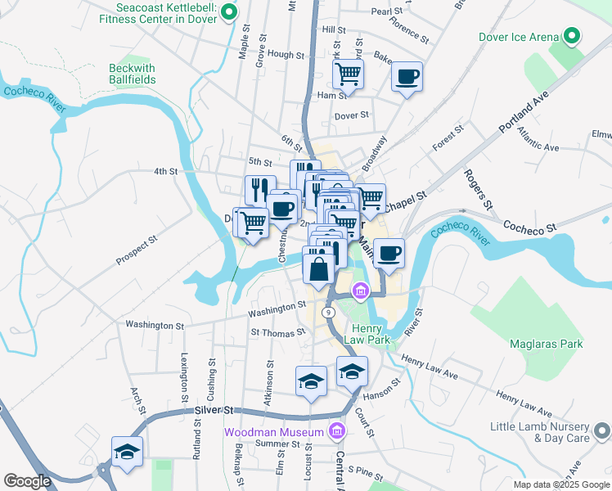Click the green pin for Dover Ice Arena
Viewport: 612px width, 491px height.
click(x=571, y=37)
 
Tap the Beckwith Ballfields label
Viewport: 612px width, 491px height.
click(x=136, y=75)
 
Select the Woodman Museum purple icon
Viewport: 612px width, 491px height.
click(x=335, y=431)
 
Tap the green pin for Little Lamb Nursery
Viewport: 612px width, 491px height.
click(x=603, y=431)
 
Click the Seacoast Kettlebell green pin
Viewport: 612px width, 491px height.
click(x=230, y=12)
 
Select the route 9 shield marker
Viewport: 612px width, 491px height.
click(x=327, y=313)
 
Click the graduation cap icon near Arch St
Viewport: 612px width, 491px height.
click(x=127, y=451)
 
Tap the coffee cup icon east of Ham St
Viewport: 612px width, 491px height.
click(x=407, y=78)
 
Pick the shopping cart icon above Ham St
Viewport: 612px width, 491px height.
click(x=349, y=74)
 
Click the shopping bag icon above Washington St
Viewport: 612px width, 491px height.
click(x=318, y=268)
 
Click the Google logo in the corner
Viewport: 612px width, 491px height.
click(x=27, y=481)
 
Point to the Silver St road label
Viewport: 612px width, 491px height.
click(x=214, y=410)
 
